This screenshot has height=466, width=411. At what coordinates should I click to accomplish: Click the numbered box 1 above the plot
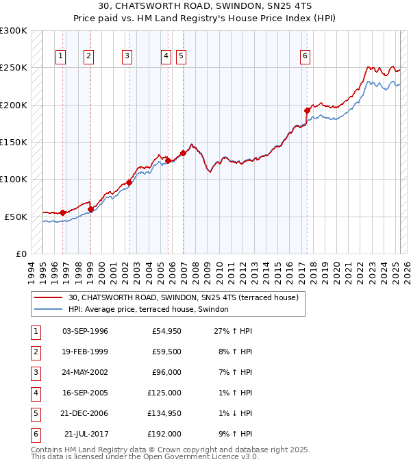click(61, 56)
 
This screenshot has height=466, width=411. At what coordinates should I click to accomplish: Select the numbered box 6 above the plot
click(305, 56)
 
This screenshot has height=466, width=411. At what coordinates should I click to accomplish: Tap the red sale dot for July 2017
click(307, 110)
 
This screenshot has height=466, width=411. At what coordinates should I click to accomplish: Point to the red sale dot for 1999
click(90, 209)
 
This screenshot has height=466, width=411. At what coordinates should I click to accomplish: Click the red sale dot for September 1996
click(62, 212)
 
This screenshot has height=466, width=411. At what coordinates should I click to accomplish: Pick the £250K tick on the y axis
click(14, 68)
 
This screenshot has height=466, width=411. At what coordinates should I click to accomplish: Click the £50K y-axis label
click(16, 217)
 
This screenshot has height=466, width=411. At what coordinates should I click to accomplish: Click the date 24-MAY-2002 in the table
click(85, 373)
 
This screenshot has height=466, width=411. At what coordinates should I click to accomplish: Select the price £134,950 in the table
click(164, 414)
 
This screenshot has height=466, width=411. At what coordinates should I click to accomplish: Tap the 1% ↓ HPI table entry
click(233, 414)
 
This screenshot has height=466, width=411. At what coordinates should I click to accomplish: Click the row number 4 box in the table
click(35, 393)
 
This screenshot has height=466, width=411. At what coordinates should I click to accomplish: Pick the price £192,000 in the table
click(164, 434)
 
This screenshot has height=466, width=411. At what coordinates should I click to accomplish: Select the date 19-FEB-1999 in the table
click(85, 352)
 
